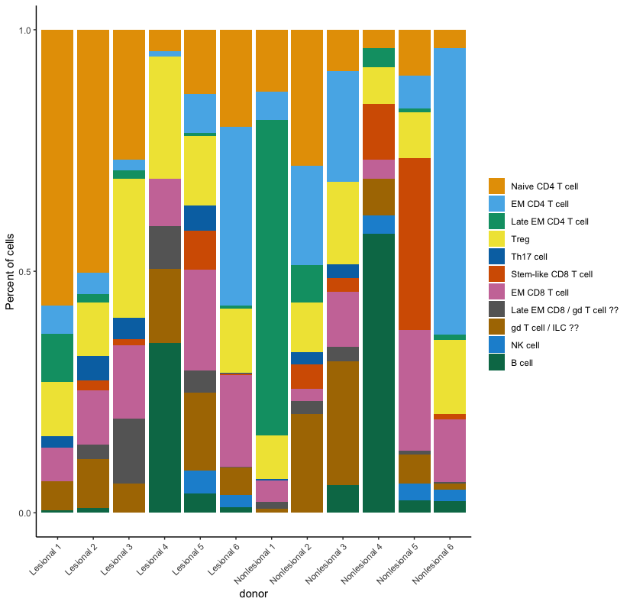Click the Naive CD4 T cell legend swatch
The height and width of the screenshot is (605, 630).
coord(497,186)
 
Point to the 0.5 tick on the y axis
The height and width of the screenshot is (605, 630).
coord(34,272)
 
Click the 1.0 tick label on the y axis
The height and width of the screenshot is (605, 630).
coord(23,31)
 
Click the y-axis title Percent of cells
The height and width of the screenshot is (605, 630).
coord(11,271)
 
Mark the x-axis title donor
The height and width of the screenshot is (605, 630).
coord(254,594)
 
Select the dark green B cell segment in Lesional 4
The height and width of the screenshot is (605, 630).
coord(165,428)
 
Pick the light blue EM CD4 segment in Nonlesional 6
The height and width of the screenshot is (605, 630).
coord(450,191)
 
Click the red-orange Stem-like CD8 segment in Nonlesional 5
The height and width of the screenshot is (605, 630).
coord(415,244)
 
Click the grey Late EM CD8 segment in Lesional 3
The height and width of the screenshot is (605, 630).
coord(128,451)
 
